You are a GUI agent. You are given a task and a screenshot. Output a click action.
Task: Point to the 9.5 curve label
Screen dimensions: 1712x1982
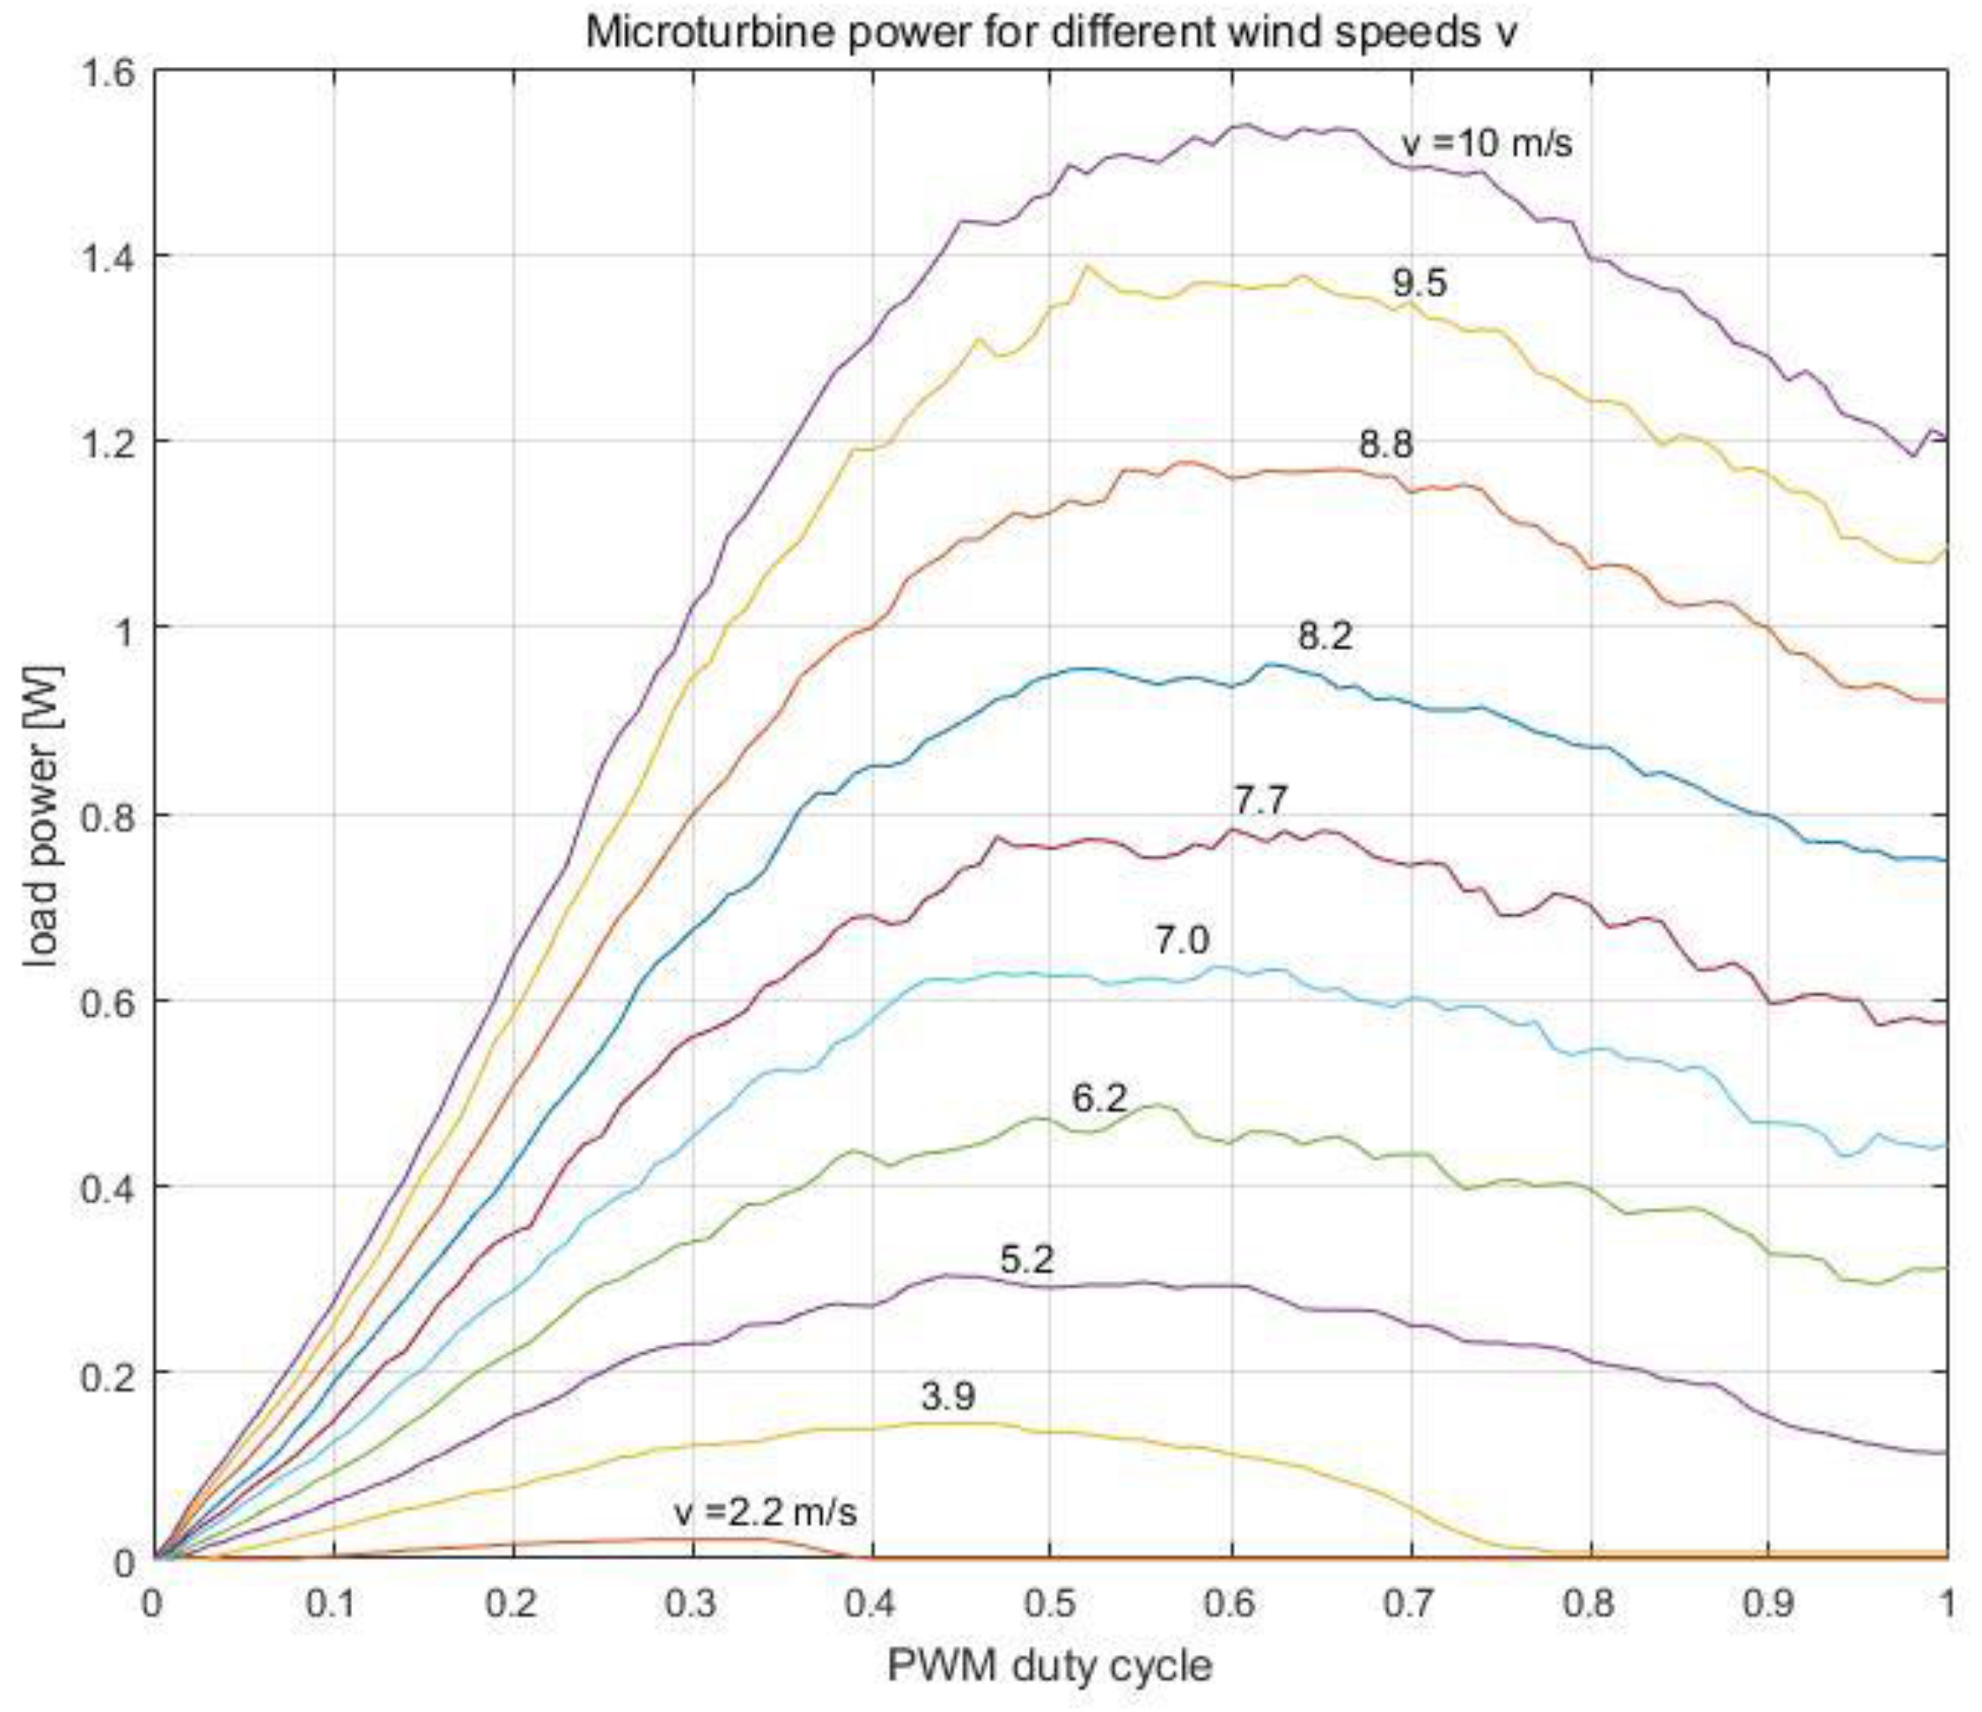pos(1419,283)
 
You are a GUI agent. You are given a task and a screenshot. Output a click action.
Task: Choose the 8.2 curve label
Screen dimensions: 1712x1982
pos(1325,636)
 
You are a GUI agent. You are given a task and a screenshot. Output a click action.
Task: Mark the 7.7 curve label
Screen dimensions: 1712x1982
pos(1260,800)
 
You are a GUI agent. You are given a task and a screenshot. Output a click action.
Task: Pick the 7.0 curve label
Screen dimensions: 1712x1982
pos(1181,941)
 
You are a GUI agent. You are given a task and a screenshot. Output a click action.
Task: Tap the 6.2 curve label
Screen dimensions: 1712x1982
pos(1099,1098)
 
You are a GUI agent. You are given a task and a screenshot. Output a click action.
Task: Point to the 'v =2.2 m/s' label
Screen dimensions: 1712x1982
pos(765,1512)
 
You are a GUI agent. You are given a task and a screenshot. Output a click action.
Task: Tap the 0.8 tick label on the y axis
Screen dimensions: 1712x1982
pos(106,816)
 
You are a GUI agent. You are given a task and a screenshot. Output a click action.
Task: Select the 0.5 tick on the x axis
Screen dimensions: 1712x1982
pos(1050,1604)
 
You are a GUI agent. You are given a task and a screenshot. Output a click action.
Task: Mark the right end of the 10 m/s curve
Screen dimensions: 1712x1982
pos(1946,439)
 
